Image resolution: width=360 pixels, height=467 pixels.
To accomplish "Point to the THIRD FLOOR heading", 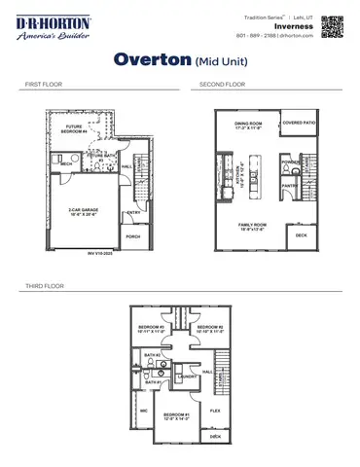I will tap(41, 287).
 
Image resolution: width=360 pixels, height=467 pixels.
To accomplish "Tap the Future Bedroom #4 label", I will tap(74, 128).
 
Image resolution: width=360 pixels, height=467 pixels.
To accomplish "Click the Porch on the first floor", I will tap(132, 236).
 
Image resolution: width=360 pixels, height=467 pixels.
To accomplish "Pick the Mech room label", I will tap(67, 165).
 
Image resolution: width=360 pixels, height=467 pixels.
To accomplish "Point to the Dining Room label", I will tap(249, 126).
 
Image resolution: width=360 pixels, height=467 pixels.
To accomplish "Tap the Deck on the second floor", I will tap(300, 235).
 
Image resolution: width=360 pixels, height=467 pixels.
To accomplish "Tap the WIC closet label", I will tap(143, 412).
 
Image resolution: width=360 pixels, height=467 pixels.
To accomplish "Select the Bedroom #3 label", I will tap(149, 329).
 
